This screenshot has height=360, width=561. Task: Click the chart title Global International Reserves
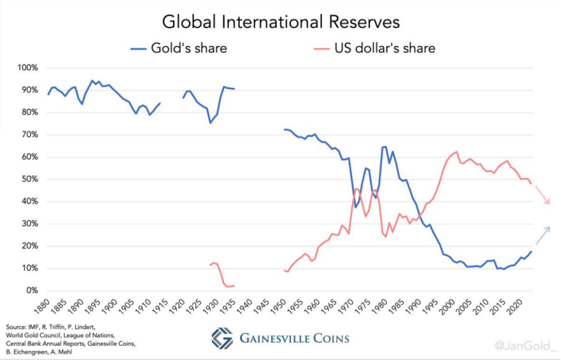click(280, 22)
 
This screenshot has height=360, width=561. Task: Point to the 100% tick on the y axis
click(27, 68)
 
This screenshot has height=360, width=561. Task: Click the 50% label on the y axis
click(29, 180)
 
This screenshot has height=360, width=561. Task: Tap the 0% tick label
click(31, 290)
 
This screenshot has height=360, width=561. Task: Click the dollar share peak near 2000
click(456, 152)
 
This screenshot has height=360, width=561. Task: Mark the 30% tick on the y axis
click(29, 224)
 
